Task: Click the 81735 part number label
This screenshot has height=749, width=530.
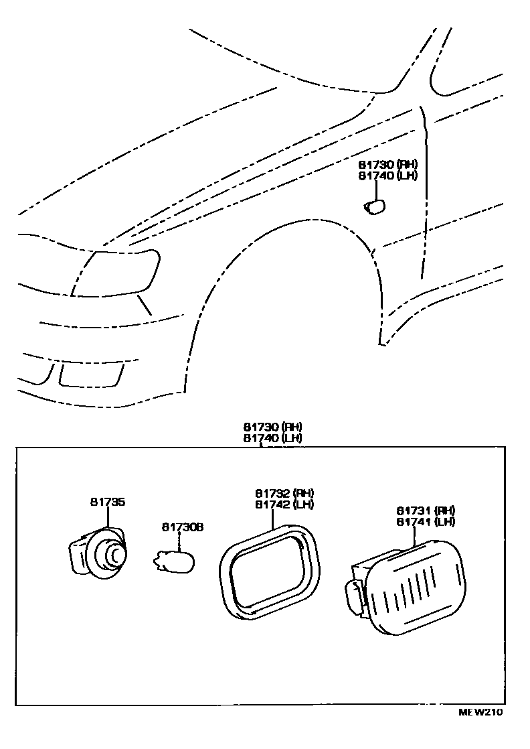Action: (x=108, y=502)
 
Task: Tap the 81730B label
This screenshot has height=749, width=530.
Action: (x=182, y=527)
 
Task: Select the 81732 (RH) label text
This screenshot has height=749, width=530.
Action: (x=284, y=493)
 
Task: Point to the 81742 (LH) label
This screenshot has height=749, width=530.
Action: (x=284, y=504)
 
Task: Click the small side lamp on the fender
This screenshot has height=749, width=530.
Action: (x=374, y=206)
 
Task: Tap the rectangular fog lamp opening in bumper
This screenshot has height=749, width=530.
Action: (x=91, y=374)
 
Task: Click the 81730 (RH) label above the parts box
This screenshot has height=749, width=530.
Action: (x=273, y=427)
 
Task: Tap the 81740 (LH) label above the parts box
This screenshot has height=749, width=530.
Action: (x=273, y=438)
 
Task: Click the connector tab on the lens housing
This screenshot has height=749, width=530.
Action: (x=353, y=596)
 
